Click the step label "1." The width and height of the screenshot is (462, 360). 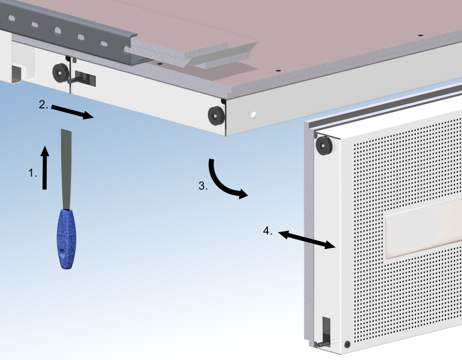(32, 173)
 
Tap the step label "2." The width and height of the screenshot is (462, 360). (43, 105)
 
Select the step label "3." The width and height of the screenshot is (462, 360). (203, 185)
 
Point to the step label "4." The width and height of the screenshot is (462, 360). (267, 231)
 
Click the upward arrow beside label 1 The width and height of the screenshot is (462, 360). (44, 168)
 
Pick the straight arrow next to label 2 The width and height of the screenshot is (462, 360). (73, 112)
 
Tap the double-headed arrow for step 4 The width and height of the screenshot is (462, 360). (307, 240)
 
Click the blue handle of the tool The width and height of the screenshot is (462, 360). (66, 239)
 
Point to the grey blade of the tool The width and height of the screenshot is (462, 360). (66, 169)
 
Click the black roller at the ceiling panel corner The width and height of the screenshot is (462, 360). (217, 116)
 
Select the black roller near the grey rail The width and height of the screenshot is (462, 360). (61, 73)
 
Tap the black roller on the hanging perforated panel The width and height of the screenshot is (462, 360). (324, 146)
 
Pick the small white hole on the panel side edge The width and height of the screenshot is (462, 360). (254, 115)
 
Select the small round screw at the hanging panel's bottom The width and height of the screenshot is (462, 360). (348, 344)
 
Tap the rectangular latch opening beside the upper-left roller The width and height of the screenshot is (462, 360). (85, 79)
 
